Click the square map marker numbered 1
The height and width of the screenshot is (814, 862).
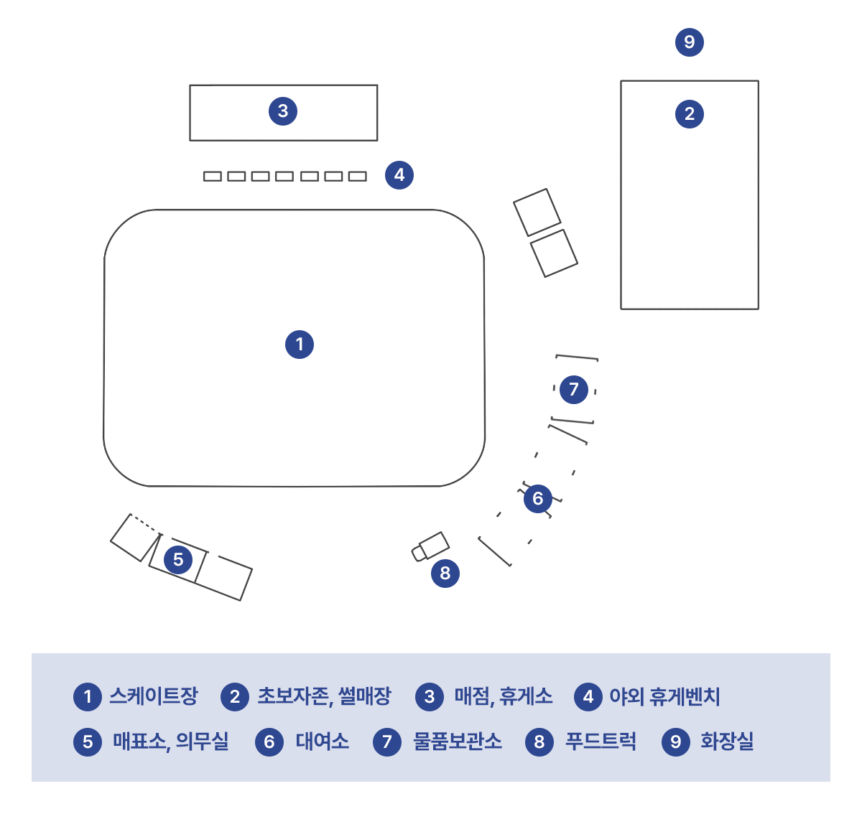300,345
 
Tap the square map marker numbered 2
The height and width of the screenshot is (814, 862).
690,113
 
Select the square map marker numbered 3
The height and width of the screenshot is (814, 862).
283,111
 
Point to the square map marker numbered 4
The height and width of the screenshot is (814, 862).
399,175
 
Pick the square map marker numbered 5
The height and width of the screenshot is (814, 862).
178,560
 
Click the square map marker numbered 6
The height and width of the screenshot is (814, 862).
538,498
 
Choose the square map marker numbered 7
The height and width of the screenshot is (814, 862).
574,389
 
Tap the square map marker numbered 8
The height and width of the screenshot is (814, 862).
445,573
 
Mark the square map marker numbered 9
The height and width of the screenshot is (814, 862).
690,42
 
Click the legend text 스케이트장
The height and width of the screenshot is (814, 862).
153,696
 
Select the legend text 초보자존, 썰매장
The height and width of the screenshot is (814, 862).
324,696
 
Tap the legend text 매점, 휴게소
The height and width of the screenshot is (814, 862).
503,696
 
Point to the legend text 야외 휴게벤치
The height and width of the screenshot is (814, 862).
664,696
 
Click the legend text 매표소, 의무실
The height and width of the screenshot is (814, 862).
170,742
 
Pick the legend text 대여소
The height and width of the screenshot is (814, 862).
322,742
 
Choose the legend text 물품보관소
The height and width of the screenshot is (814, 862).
457,742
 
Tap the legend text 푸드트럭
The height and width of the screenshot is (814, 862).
601,742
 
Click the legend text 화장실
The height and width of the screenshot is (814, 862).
727,742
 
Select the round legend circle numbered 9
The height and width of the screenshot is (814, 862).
676,742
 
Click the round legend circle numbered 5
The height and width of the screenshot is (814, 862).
88,742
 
